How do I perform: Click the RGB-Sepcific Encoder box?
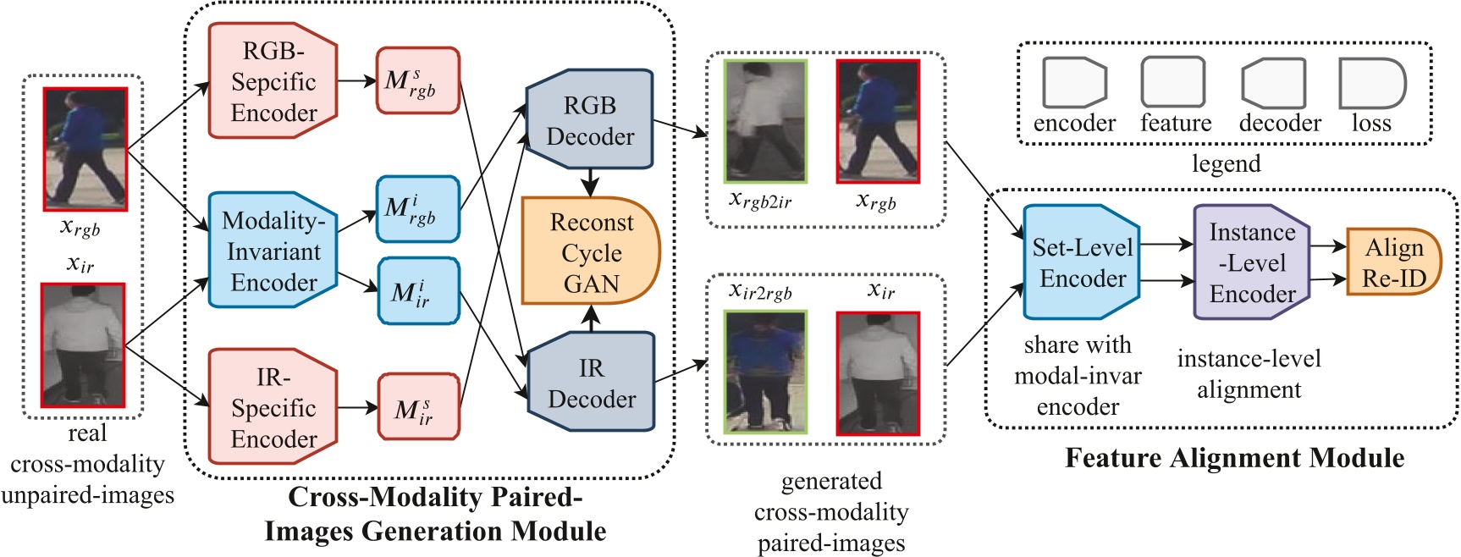point(273,81)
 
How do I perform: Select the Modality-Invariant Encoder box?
point(273,251)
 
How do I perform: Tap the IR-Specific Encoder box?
point(273,407)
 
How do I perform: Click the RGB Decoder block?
point(590,120)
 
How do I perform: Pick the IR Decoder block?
point(591,383)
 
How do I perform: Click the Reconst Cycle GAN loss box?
point(590,251)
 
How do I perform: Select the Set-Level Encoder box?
point(1082,262)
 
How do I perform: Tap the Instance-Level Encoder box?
point(1251,262)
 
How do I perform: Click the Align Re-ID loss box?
point(1393,262)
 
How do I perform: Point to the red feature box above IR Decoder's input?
point(418,80)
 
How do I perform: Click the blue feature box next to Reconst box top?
point(418,209)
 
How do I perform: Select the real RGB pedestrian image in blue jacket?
point(85,149)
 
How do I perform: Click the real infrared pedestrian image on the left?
point(84,345)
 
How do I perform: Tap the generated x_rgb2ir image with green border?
point(765,121)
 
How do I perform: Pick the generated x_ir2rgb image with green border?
point(765,372)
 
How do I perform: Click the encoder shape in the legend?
point(1074,82)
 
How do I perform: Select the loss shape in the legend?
point(1371,83)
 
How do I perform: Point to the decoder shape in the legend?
point(1274,83)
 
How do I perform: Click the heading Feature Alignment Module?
point(1234,458)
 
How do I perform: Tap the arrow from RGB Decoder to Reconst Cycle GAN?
point(590,182)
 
